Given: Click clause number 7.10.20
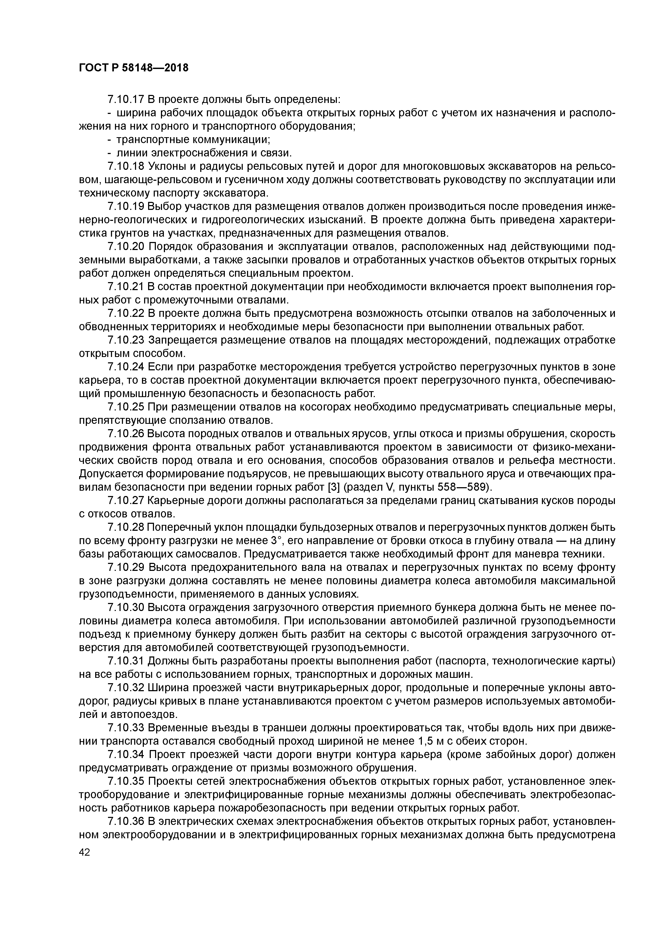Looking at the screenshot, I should [126, 247].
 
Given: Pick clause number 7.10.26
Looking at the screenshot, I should [126, 433].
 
